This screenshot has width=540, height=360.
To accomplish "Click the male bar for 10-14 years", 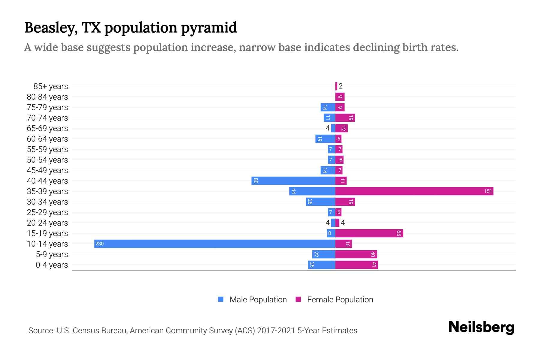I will coord(214,244).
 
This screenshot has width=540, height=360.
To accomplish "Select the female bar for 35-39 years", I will coord(414,191).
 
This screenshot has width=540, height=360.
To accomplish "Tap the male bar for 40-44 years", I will coord(293,181).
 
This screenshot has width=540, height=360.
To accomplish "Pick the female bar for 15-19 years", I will coord(369,233).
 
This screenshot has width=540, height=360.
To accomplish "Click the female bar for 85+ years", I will coord(336,86).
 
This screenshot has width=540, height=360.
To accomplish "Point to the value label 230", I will coord(99,244).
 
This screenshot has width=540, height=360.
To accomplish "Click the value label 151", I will coord(488,191).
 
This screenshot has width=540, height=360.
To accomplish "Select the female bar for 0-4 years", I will coord(356,265).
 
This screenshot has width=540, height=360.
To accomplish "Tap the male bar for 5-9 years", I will coord(323,254).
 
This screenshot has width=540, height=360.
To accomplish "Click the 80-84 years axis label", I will coord(47,97).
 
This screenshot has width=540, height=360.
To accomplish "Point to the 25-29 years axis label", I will coord(47,212).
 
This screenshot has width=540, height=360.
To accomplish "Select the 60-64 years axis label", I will coord(47,139).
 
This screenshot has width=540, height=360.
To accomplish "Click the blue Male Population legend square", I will coord(221,299).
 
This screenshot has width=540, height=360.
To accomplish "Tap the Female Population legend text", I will coord(340,299).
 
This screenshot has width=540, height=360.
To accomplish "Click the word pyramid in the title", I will coord(209,28).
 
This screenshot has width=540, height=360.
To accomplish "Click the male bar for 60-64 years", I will coord(325,139).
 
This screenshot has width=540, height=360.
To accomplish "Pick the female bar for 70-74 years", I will coord(345,118).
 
